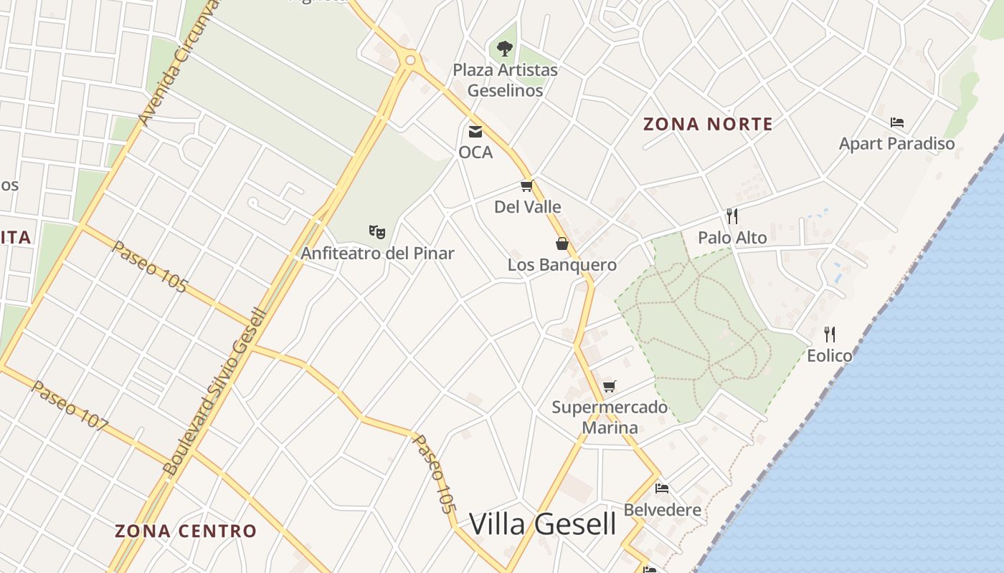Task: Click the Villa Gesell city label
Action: pos(542,524)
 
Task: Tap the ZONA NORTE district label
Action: pos(708,124)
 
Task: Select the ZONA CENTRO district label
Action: pos(186,531)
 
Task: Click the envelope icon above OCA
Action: pos(475,131)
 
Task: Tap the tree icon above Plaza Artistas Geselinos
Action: pos(505,49)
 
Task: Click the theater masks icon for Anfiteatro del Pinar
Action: pos(377,231)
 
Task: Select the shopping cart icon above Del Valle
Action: pos(527,186)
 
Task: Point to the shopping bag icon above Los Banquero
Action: pos(562,244)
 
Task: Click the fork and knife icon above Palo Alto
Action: pos(732,216)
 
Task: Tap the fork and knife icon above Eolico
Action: pos(830,334)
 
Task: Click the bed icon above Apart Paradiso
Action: pos(896,122)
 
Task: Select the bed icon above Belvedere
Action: pos(662,488)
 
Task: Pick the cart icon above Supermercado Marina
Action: pos(610,386)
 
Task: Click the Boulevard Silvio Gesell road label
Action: pos(215,393)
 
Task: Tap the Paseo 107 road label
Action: pos(70,405)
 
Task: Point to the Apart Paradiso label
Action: pos(896,143)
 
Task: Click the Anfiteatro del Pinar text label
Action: pos(377,253)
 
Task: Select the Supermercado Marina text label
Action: pos(610,418)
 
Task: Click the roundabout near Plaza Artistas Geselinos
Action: pos(410,61)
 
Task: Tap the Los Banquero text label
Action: pos(562,265)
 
